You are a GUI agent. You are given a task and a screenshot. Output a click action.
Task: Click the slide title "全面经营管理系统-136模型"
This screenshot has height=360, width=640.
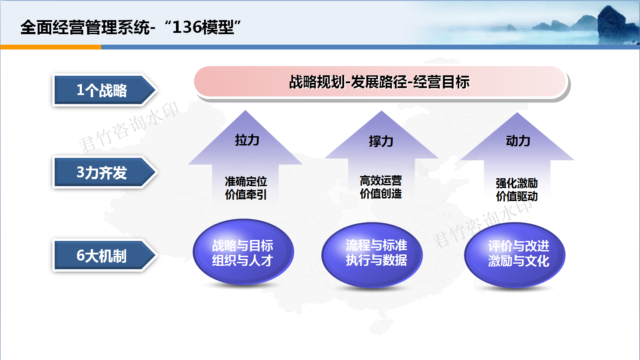click(130, 28)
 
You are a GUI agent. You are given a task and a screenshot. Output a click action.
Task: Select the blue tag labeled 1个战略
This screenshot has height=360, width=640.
click(105, 90)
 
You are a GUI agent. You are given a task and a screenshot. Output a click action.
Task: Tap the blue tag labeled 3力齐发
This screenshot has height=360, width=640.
click(105, 173)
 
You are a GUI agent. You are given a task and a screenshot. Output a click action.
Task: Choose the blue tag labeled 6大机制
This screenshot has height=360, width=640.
click(105, 255)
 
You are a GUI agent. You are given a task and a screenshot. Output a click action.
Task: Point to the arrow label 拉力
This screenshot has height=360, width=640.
click(247, 141)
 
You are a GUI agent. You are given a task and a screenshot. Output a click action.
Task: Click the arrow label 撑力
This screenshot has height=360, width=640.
click(381, 141)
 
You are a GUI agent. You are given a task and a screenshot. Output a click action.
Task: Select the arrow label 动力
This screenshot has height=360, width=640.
click(518, 141)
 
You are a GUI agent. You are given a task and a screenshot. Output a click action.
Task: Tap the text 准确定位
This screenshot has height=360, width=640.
click(246, 181)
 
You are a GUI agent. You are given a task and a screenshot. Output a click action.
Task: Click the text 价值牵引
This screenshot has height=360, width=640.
click(246, 194)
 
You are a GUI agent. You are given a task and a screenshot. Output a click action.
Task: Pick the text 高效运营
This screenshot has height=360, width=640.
click(380, 181)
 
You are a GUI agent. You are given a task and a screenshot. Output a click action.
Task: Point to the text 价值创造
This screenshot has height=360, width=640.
click(380, 194)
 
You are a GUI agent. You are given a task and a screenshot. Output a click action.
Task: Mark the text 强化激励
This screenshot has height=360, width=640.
click(517, 183)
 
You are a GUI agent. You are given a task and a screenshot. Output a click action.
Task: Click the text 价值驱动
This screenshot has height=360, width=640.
click(517, 196)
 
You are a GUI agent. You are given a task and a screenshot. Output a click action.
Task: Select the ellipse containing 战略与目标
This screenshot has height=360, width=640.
click(243, 252)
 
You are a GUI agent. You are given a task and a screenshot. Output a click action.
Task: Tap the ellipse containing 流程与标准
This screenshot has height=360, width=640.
click(372, 255)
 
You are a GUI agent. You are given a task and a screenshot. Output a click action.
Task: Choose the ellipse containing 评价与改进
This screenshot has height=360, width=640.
click(515, 255)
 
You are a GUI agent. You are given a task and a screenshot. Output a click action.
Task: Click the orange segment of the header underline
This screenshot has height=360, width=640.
click(51, 47)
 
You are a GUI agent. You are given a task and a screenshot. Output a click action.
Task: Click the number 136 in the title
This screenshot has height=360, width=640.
click(187, 28)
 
